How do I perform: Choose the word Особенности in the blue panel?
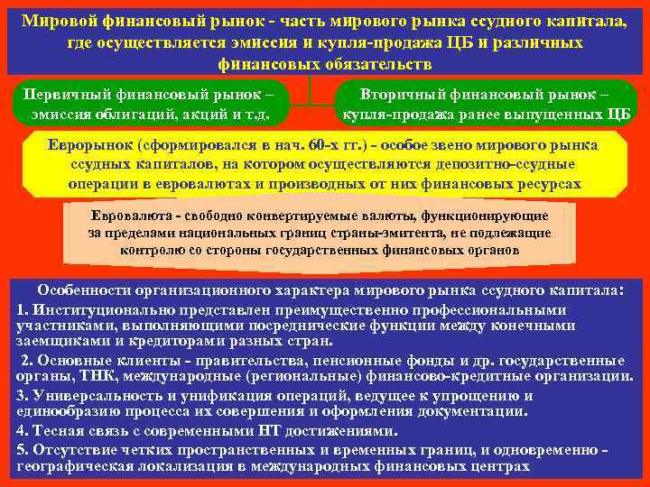pos(82,292)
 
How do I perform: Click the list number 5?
pos(21,450)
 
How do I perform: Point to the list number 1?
pos(21,309)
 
